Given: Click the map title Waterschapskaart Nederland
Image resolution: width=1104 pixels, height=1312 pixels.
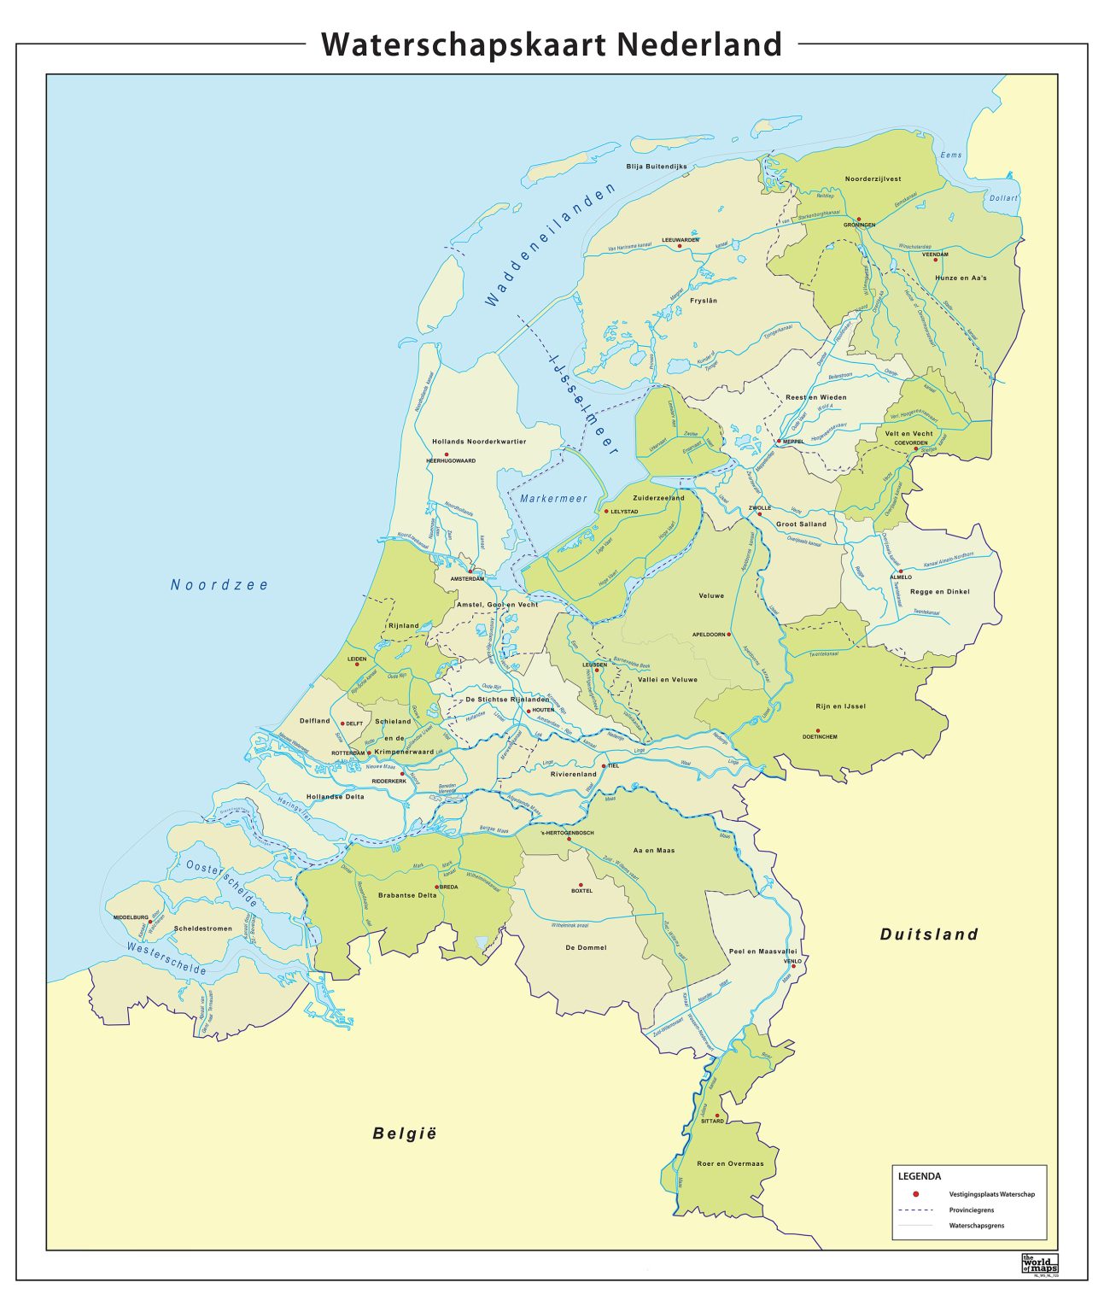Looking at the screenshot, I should [x=552, y=44].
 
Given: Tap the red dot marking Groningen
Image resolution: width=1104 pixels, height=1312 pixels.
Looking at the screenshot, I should [x=860, y=219].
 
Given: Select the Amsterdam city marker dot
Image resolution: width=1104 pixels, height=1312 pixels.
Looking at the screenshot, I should [x=470, y=572].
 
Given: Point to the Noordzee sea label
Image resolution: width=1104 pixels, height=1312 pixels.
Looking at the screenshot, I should [x=219, y=585].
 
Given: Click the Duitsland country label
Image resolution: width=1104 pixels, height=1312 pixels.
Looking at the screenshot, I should [x=929, y=934].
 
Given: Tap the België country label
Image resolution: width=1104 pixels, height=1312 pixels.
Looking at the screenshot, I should [x=405, y=1133].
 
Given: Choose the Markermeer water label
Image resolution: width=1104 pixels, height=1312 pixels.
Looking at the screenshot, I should [x=553, y=499].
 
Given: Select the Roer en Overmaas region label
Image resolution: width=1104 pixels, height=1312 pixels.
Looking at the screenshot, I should [x=730, y=1163].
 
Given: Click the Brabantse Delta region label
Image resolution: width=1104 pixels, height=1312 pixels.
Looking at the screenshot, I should [x=407, y=896].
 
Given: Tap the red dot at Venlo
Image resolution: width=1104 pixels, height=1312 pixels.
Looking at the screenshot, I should [x=793, y=967].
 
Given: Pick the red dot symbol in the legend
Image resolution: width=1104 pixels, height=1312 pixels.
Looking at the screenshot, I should [x=914, y=1194].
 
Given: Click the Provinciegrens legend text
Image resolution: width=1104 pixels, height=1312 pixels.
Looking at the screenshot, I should [x=971, y=1210].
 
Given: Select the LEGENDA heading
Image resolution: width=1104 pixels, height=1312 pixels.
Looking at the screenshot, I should [x=920, y=1176].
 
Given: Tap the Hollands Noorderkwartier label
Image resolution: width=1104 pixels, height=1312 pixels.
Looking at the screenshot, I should [x=478, y=442].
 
